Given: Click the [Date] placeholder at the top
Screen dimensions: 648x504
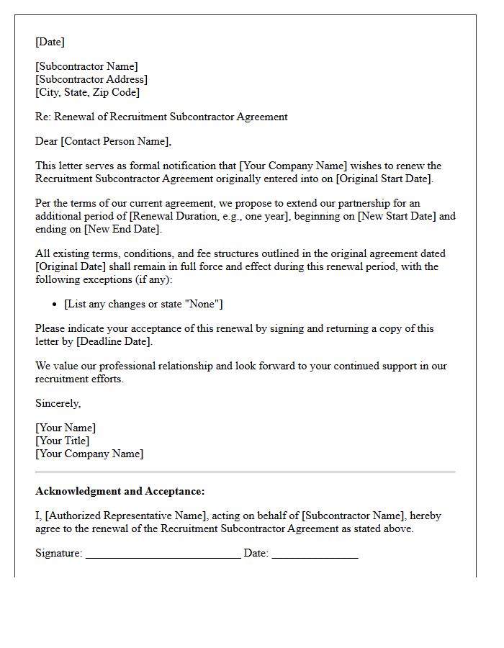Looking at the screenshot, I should coord(50,42).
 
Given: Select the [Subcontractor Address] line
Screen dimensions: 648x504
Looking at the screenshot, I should coord(91,79).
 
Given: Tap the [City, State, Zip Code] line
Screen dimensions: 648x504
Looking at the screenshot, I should coord(87,92).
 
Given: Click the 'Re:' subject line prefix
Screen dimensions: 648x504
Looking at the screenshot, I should coord(43,117).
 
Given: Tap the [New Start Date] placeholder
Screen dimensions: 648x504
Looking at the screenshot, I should coord(398,216).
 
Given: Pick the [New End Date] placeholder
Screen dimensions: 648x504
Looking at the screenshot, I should coord(122,229).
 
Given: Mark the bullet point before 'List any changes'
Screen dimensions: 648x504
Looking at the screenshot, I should coord(55,305).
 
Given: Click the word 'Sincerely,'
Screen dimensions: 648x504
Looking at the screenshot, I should coord(58,403).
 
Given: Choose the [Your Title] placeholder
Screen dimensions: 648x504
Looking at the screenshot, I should coord(62,441).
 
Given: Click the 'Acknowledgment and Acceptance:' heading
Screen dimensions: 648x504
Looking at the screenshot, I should coord(120,491).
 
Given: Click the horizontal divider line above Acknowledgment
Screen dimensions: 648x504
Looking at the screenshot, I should coord(245,472).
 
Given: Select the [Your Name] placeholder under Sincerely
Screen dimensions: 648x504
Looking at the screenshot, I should coord(65,428).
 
